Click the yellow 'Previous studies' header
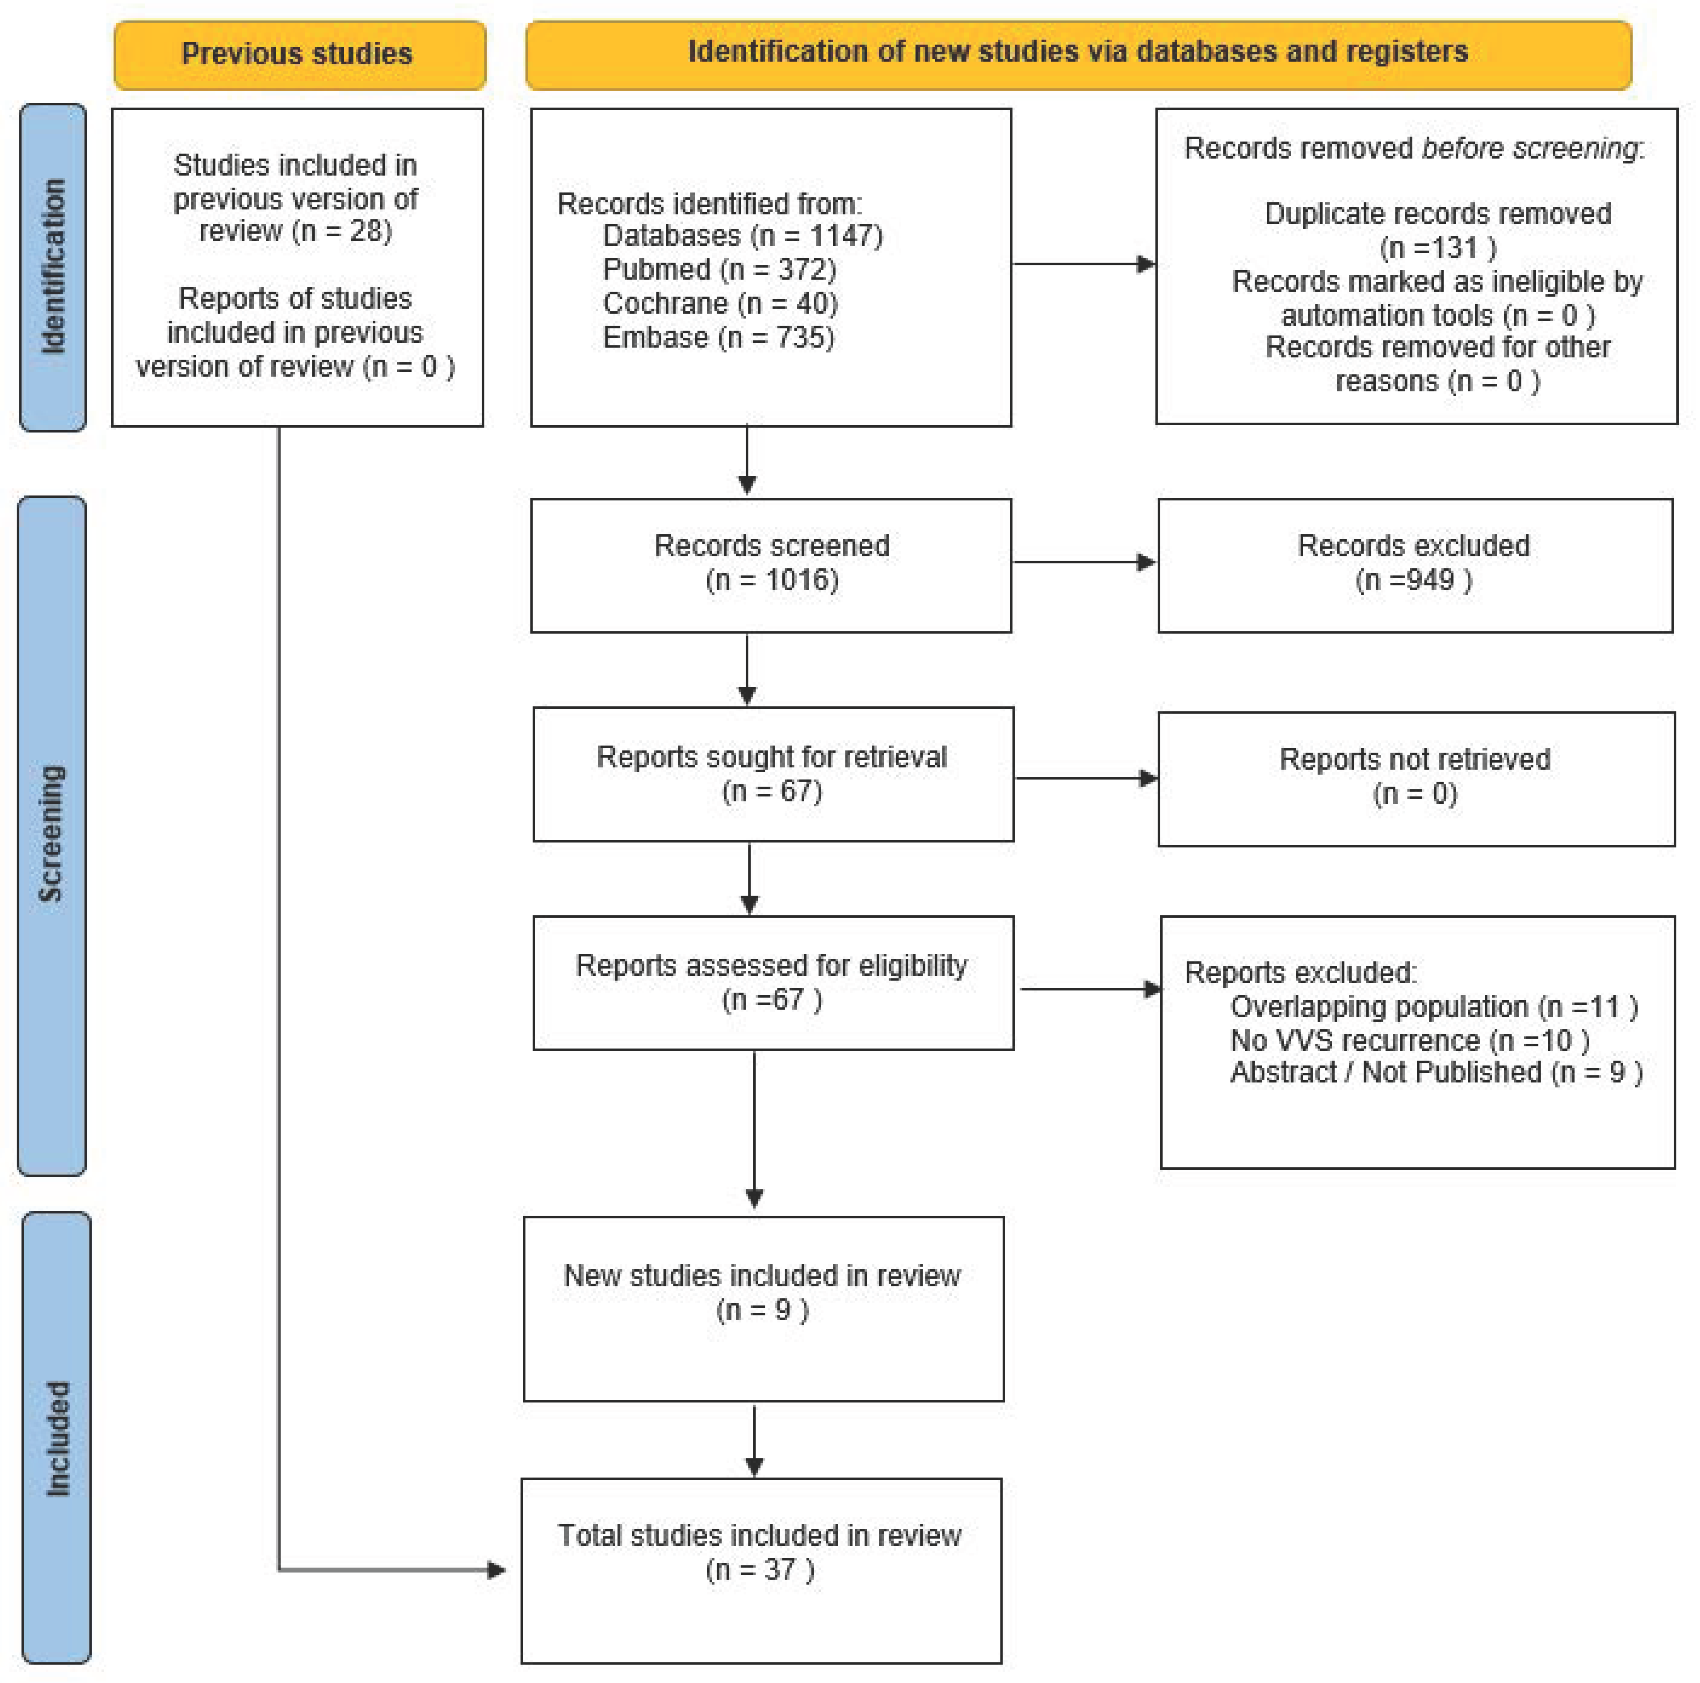coord(297,55)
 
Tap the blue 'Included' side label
coord(56,1438)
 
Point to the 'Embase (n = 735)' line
coord(718,337)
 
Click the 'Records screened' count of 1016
coord(772,580)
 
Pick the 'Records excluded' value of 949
coord(1413,580)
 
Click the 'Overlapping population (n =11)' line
coord(1433,1006)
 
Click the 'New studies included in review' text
coord(762,1276)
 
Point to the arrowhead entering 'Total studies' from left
coord(496,1569)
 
